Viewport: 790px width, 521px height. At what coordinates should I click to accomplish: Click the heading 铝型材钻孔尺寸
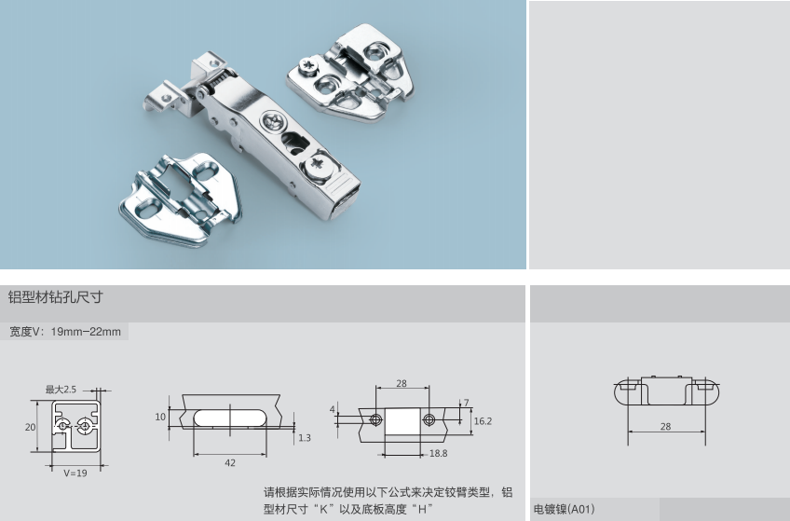tap(55, 296)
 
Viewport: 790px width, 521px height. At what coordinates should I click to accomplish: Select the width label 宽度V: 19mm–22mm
tap(65, 332)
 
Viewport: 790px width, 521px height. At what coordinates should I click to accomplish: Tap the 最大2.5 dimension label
tap(61, 390)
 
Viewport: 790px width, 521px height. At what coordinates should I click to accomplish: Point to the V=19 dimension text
tap(75, 473)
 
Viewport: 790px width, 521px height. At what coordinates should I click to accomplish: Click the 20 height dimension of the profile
tap(30, 427)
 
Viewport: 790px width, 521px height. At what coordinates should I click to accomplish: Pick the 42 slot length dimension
tap(230, 463)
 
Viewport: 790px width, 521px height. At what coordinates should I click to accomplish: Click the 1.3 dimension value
tap(305, 438)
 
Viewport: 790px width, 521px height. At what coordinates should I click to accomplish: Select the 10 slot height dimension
tap(160, 417)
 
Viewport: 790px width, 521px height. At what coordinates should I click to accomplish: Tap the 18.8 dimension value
tap(439, 454)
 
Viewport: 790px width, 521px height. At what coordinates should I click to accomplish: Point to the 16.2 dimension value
tap(483, 421)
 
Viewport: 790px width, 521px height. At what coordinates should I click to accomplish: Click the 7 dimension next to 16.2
tap(466, 403)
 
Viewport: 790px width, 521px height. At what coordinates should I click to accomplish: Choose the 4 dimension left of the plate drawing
tap(332, 409)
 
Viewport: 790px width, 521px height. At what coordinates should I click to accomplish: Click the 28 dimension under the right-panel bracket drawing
tap(665, 427)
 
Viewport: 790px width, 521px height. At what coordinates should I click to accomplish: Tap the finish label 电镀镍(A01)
tap(565, 509)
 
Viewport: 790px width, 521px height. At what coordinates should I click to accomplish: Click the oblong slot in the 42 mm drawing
tap(231, 418)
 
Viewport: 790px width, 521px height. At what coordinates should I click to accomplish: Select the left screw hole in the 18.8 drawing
tap(375, 419)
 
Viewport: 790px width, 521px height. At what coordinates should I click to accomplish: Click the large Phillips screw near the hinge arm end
tap(318, 163)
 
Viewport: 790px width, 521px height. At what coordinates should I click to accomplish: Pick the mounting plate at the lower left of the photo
tap(181, 200)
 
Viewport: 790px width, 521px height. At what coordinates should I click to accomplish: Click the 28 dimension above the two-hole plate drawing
tap(402, 383)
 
